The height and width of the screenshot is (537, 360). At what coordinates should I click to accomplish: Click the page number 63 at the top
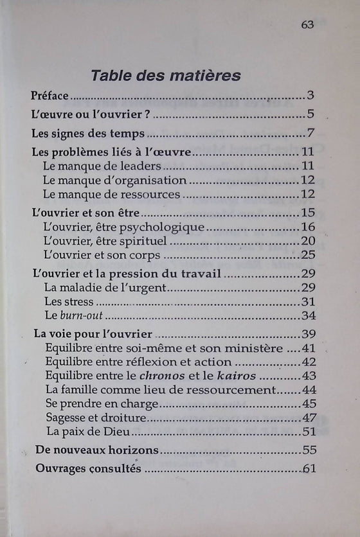click(307, 24)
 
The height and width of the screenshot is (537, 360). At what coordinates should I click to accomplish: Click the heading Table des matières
click(166, 75)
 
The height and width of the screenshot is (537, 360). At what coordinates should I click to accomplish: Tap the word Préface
click(50, 97)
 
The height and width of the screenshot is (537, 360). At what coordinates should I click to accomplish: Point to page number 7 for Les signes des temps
click(309, 135)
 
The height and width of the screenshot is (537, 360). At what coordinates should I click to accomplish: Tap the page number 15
click(307, 213)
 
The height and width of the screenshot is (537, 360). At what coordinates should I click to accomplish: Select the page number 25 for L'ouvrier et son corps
click(307, 255)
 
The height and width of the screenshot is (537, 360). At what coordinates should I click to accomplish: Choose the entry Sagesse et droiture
click(87, 418)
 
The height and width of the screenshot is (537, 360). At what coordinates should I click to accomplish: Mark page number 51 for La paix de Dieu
click(309, 432)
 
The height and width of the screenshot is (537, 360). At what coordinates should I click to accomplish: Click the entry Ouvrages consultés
click(87, 469)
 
